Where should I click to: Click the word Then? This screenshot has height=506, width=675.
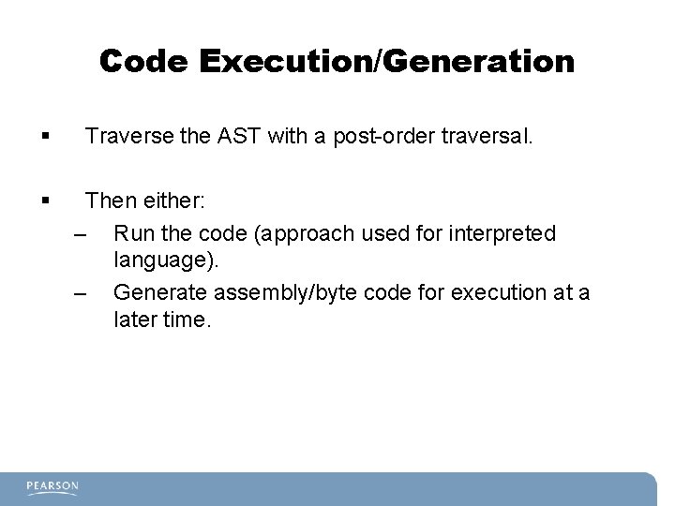[x=108, y=201]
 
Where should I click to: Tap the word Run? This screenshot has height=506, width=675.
[x=132, y=231]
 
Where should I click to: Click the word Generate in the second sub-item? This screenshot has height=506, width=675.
[x=159, y=292]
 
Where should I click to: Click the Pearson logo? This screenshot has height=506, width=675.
[x=52, y=486]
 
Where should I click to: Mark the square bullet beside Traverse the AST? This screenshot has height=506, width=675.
[x=47, y=138]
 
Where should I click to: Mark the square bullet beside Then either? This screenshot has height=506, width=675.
[x=47, y=201]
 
